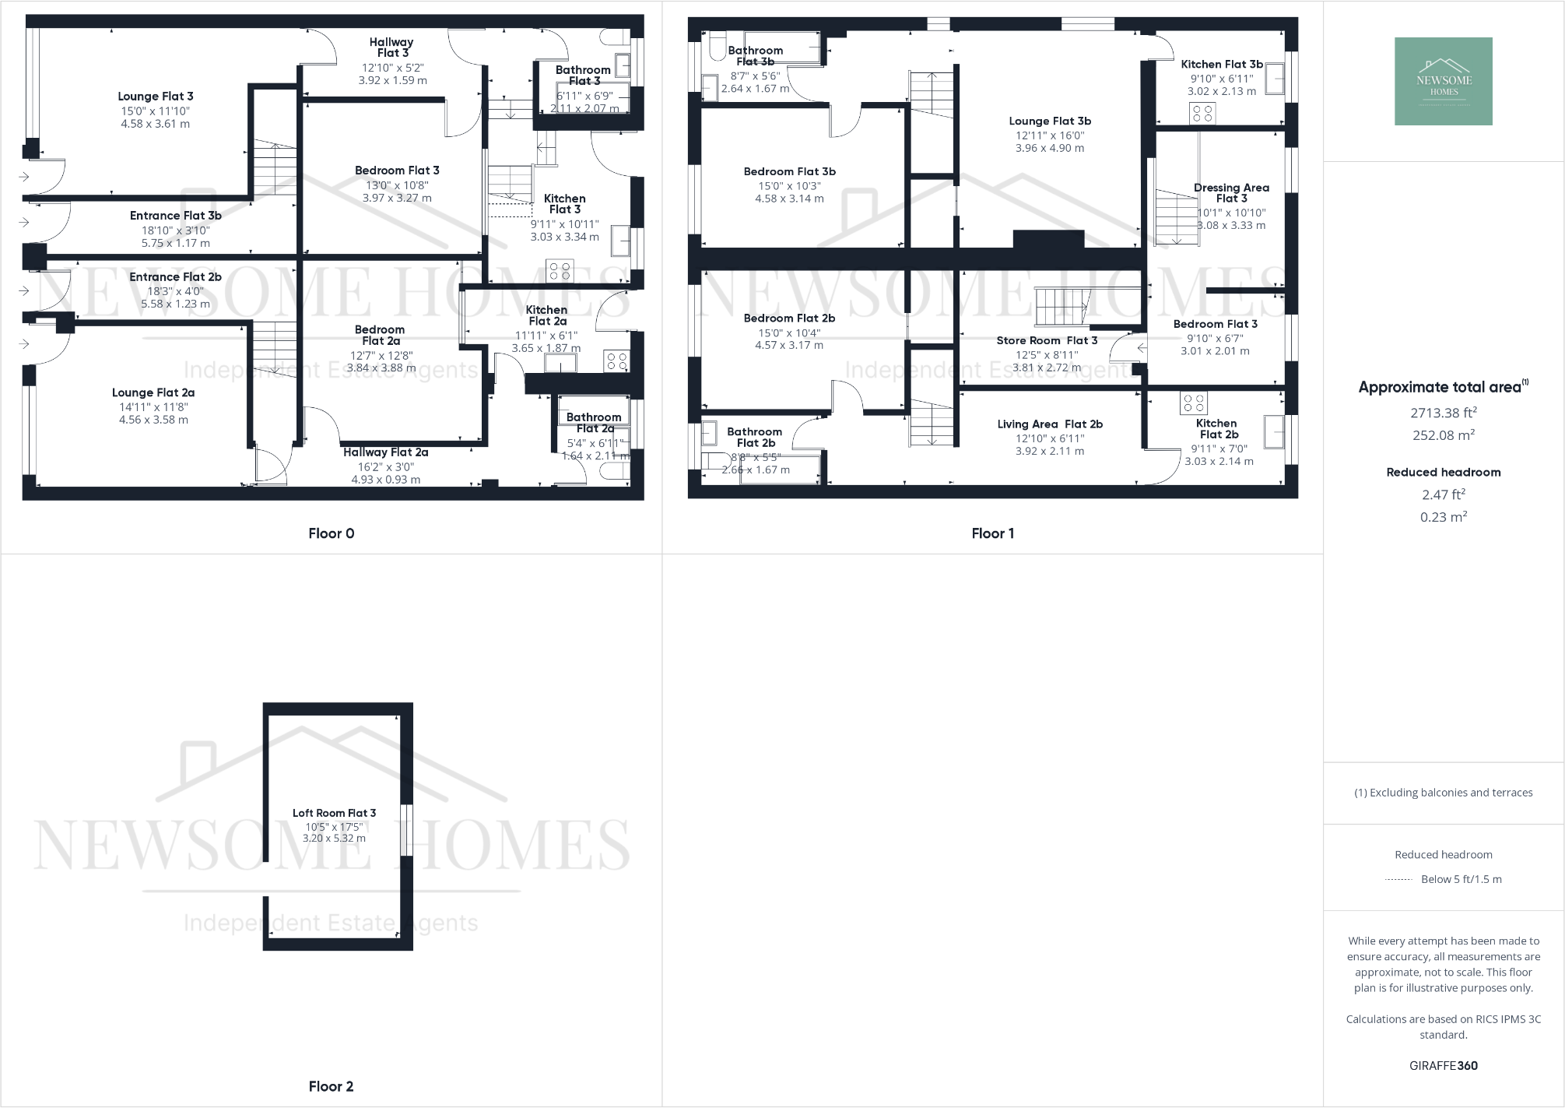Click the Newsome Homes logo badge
click(x=1443, y=81)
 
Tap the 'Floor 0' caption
click(x=331, y=533)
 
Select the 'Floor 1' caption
click(x=992, y=533)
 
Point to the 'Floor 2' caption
click(x=331, y=1086)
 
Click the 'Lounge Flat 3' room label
click(x=156, y=97)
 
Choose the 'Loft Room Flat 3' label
click(x=334, y=813)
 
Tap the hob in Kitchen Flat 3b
click(x=1202, y=114)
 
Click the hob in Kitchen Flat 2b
click(x=1193, y=403)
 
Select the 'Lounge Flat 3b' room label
click(x=1050, y=121)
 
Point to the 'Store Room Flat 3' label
click(x=1047, y=340)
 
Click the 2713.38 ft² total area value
click(x=1443, y=413)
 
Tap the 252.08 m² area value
click(x=1443, y=435)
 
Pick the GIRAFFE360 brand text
click(x=1443, y=1065)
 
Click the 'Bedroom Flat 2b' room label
click(x=789, y=318)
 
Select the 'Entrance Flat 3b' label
click(x=175, y=216)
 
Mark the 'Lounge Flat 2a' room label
click(x=153, y=392)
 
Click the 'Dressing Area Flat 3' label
click(x=1231, y=192)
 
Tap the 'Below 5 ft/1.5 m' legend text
click(x=1461, y=879)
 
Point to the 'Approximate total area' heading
click(x=1440, y=387)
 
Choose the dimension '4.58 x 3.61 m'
click(x=156, y=124)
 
